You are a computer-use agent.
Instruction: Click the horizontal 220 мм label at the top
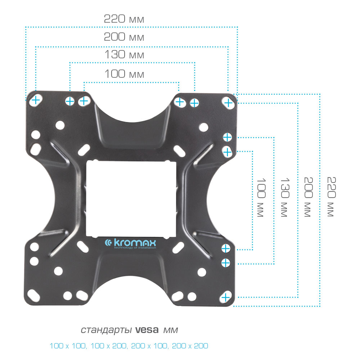(124, 19)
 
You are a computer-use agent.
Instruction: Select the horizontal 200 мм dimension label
(124, 37)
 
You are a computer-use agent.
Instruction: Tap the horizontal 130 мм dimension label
(124, 55)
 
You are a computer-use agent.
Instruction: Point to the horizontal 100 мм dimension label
(124, 74)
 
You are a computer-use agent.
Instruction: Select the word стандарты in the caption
(106, 330)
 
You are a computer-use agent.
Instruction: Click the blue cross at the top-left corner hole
(35, 100)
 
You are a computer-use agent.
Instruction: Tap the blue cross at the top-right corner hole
(228, 103)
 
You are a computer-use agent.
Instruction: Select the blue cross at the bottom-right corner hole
(226, 297)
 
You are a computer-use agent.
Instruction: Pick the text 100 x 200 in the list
(108, 346)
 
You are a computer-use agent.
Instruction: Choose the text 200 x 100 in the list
(149, 346)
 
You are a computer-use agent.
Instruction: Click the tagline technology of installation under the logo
(135, 248)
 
